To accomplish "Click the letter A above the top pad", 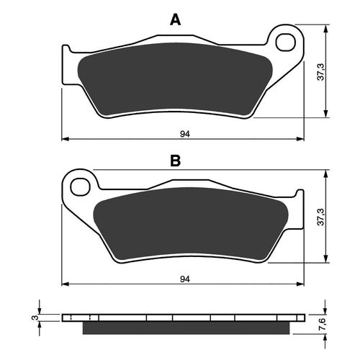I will pyautogui.click(x=174, y=20).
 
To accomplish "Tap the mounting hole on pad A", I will pyautogui.click(x=286, y=40).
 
